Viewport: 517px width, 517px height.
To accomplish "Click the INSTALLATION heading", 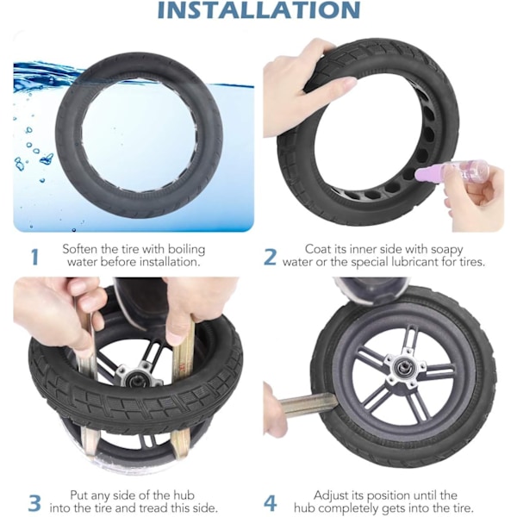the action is click(258, 9).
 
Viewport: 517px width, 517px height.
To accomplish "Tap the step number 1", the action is click(34, 257).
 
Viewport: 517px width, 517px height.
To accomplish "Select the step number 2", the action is click(270, 257).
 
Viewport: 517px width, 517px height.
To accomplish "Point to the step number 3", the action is click(34, 503).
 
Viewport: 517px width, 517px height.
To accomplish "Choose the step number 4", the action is click(271, 503).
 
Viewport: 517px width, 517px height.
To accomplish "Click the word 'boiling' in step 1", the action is click(186, 250).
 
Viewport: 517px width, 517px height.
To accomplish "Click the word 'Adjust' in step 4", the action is click(330, 495).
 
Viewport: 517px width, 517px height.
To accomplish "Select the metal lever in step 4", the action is click(308, 404).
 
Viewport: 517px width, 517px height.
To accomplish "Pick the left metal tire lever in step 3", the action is click(86, 379).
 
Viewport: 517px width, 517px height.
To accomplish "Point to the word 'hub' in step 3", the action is click(184, 495).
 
